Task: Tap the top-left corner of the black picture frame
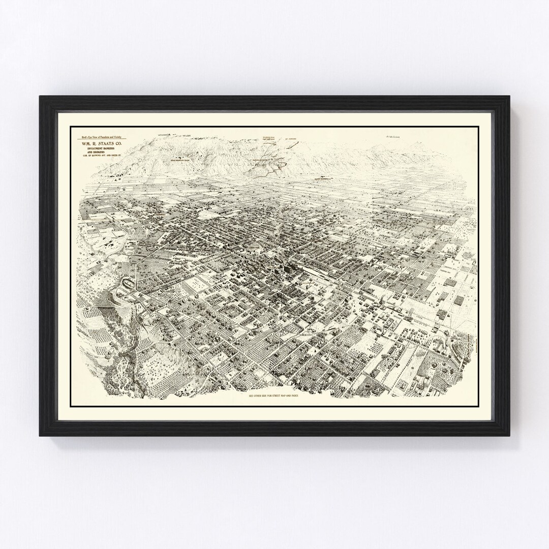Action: click(41, 97)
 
